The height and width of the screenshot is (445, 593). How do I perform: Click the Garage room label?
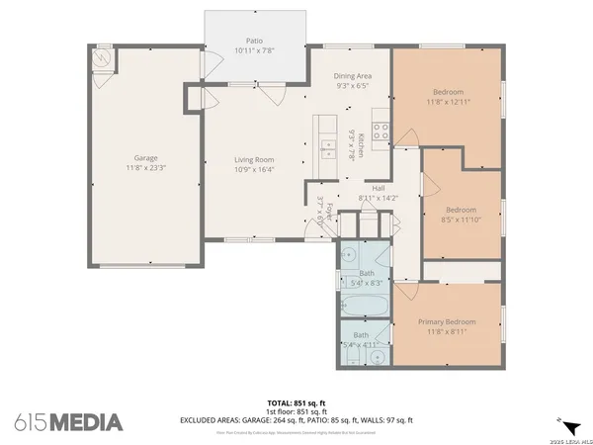click(146, 158)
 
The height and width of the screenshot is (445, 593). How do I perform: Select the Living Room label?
click(253, 159)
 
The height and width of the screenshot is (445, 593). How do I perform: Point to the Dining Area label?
click(354, 75)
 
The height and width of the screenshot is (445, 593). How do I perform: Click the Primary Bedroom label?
click(447, 321)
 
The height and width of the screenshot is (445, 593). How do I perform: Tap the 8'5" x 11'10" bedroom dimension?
click(461, 220)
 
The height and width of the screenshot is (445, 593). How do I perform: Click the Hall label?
click(378, 187)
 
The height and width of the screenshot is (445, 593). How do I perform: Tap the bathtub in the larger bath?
click(366, 303)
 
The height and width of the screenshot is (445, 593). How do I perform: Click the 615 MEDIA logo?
click(69, 422)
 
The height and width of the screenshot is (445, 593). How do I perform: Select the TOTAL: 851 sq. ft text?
click(296, 402)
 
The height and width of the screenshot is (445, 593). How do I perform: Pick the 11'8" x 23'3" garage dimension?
click(146, 169)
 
